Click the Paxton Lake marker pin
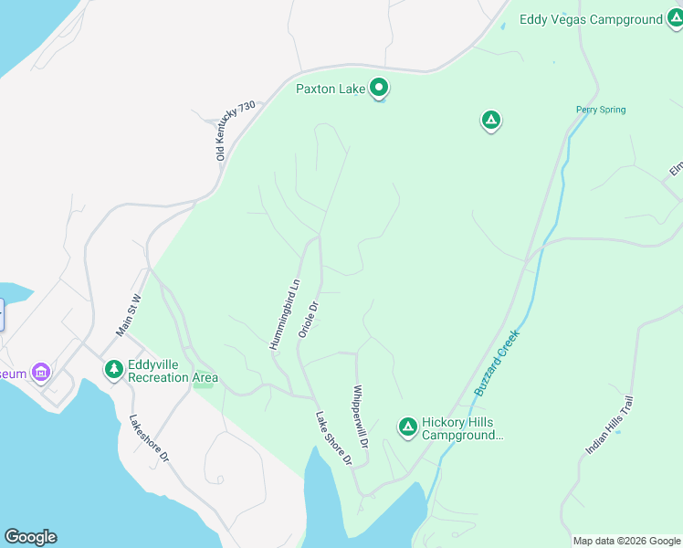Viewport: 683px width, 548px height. click(x=379, y=89)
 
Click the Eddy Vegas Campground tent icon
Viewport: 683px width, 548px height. click(x=674, y=19)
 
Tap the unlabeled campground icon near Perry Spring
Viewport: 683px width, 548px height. click(x=491, y=120)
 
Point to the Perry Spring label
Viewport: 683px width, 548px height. click(x=601, y=111)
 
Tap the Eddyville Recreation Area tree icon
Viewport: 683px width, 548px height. click(x=113, y=370)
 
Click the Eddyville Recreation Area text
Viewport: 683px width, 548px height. click(x=173, y=370)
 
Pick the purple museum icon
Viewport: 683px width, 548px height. click(x=40, y=373)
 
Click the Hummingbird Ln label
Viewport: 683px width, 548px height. click(x=285, y=314)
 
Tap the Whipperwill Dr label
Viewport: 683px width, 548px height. click(x=360, y=416)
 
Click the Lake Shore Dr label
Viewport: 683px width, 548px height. click(x=333, y=439)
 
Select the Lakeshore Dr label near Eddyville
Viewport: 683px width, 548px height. click(x=149, y=438)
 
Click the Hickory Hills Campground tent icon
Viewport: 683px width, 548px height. click(x=407, y=427)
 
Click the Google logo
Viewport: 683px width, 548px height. click(x=30, y=537)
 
